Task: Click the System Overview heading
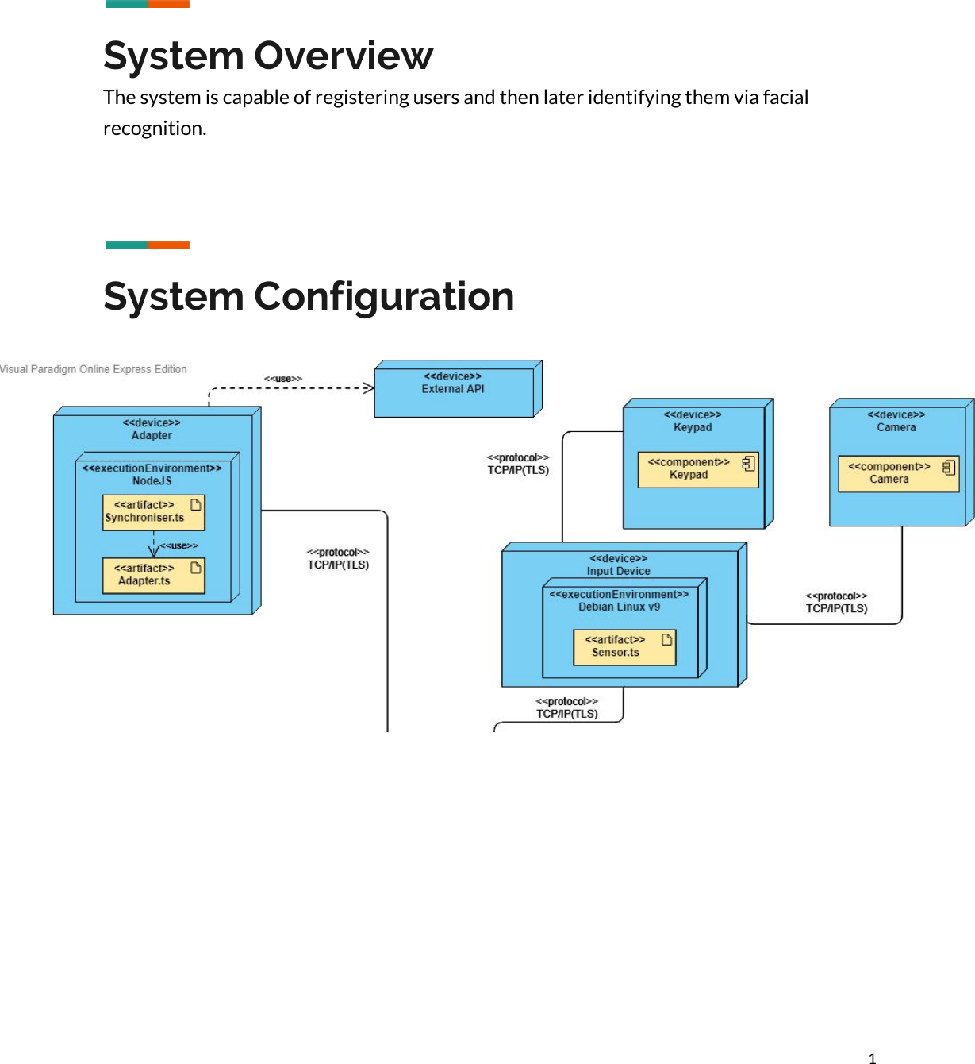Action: pyautogui.click(x=268, y=56)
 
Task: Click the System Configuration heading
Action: pyautogui.click(x=309, y=296)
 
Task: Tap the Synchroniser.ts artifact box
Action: pyautogui.click(x=153, y=512)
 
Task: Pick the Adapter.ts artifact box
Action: pyautogui.click(x=153, y=576)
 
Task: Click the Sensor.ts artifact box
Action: pyautogui.click(x=624, y=647)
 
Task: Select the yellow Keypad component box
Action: pyautogui.click(x=697, y=469)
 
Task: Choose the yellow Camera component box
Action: pyautogui.click(x=898, y=474)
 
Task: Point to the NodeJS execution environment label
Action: pyautogui.click(x=152, y=481)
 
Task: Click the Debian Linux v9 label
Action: pyautogui.click(x=619, y=607)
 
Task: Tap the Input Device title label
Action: pyautogui.click(x=618, y=571)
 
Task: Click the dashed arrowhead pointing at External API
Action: pyautogui.click(x=369, y=388)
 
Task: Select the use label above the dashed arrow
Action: pyautogui.click(x=283, y=379)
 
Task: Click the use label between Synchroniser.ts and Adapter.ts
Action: pyautogui.click(x=179, y=545)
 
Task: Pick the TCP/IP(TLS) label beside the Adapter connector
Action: pyautogui.click(x=338, y=565)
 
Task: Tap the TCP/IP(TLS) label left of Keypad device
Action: pyautogui.click(x=518, y=470)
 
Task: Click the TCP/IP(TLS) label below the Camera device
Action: pyautogui.click(x=836, y=608)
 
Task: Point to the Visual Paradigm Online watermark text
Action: pyautogui.click(x=94, y=369)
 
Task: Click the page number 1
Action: pyautogui.click(x=872, y=1058)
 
